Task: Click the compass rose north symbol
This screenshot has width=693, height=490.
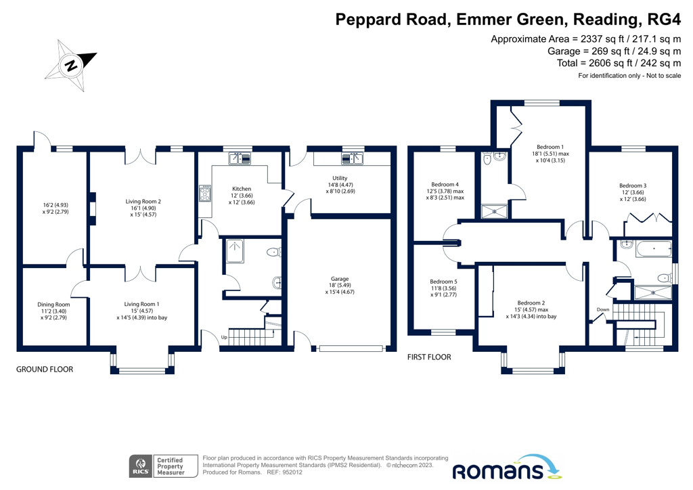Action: click(70, 66)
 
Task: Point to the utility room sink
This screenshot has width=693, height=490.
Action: click(351, 159)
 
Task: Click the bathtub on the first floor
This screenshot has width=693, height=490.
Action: click(653, 249)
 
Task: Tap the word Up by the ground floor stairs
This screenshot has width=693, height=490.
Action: click(224, 336)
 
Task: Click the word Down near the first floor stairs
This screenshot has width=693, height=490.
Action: click(603, 309)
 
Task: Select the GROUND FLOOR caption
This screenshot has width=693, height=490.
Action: click(44, 370)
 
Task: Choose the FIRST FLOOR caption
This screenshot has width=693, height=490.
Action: click(428, 357)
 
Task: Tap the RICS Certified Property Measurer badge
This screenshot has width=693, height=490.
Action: click(160, 466)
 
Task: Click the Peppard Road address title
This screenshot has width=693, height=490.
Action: click(508, 18)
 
